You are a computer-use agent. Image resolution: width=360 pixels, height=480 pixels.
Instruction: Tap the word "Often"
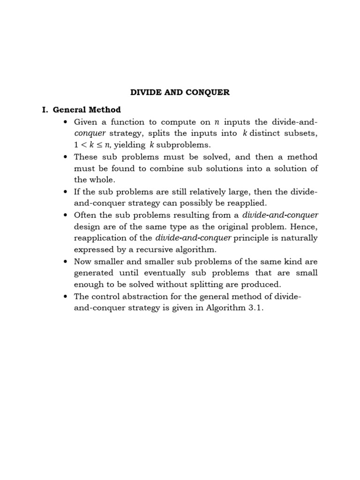(85, 215)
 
